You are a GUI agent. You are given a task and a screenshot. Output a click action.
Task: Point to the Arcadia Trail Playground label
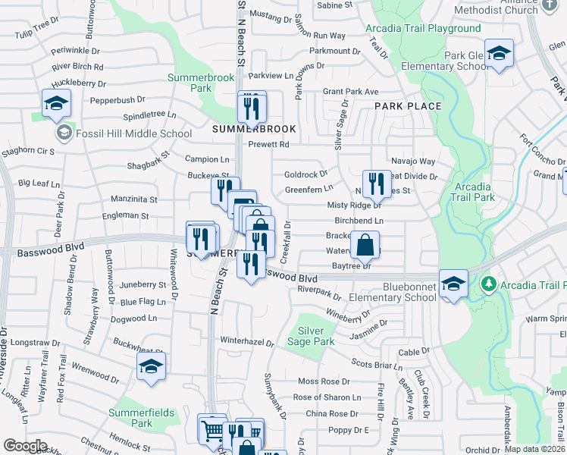click(x=423, y=29)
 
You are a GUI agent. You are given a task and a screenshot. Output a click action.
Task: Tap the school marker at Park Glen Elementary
click(x=498, y=54)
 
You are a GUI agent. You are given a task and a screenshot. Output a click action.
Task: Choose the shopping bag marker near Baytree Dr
click(x=365, y=244)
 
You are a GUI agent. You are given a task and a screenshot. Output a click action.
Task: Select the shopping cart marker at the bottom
click(x=211, y=429)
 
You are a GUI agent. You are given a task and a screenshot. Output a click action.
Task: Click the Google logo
click(x=25, y=446)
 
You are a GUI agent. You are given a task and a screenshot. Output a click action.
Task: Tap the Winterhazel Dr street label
click(x=246, y=342)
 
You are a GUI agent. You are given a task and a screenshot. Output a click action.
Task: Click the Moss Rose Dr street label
click(x=324, y=381)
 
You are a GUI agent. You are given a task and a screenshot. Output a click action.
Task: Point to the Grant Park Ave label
click(x=350, y=92)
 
